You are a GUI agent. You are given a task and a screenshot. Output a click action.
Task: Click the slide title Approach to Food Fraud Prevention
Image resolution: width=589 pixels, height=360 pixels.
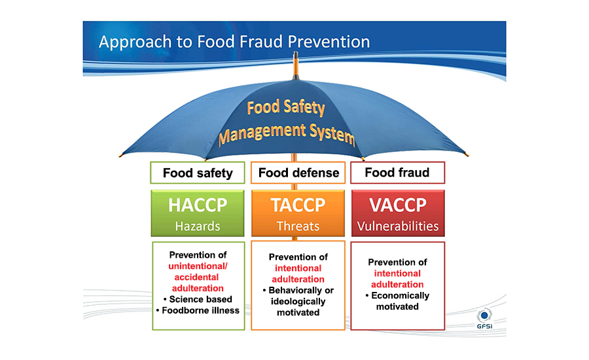click(x=234, y=42)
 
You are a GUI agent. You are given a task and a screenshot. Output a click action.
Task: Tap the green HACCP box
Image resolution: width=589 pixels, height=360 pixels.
click(x=198, y=213)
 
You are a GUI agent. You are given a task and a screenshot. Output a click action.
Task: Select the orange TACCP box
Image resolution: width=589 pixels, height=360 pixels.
click(x=298, y=213)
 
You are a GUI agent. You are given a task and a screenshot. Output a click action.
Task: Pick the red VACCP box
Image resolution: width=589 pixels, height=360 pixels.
click(x=398, y=213)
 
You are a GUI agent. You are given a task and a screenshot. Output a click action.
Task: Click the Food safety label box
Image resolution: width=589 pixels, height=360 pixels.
click(x=198, y=173)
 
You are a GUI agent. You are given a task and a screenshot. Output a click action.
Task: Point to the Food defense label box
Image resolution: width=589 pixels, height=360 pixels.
click(x=298, y=173)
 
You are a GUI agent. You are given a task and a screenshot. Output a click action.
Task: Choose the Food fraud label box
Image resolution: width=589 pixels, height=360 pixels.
click(x=397, y=173)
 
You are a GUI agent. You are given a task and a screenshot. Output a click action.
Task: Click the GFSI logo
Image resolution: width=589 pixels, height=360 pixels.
click(x=484, y=319)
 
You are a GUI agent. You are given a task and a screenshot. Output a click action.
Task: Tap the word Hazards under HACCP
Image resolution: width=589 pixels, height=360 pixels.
click(x=198, y=226)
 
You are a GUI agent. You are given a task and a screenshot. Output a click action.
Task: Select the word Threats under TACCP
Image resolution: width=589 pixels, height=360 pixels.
click(x=298, y=226)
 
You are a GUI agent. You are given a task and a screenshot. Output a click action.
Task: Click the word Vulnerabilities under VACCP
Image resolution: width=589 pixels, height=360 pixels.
click(x=398, y=226)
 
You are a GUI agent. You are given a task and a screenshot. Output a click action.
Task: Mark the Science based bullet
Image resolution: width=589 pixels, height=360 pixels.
click(x=198, y=299)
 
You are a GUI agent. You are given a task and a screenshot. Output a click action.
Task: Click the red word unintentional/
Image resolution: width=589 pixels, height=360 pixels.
click(x=198, y=266)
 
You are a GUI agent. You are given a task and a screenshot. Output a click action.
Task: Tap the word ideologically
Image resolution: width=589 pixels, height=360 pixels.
click(x=298, y=301)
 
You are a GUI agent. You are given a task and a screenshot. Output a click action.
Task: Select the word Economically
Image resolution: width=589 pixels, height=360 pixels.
click(x=400, y=295)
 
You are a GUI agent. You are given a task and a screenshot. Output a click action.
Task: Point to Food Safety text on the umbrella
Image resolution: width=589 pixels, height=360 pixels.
click(x=286, y=107)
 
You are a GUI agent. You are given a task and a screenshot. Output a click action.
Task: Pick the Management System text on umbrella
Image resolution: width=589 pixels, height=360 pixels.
click(x=287, y=134)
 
